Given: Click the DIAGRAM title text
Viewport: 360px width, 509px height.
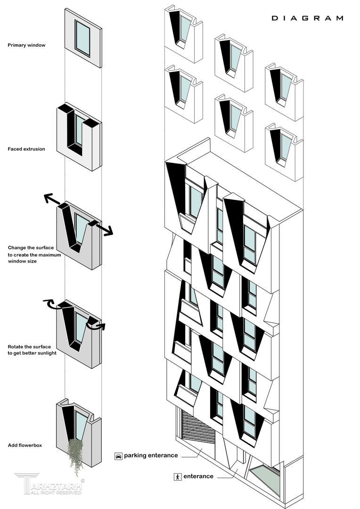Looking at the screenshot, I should coord(307,18).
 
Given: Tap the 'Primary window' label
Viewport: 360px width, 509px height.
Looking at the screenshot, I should coord(26,45).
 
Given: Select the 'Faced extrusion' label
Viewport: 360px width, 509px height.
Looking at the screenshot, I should coord(26,149).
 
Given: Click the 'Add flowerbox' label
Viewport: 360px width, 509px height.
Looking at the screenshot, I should coord(25,445).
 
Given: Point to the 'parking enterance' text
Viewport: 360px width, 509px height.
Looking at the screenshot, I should coord(151,456).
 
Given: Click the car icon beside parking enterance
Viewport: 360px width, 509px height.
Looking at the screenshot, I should coord(118,456).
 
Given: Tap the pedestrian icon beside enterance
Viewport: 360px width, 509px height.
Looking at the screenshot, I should coord(178,476).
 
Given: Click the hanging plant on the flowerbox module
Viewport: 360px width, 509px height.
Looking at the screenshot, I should coord(75,455).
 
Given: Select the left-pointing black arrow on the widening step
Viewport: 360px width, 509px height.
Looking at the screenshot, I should coord(52,200).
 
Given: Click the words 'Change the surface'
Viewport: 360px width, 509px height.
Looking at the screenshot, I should coord(31,248).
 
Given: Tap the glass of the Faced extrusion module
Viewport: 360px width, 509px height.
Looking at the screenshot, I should coord(79,130).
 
